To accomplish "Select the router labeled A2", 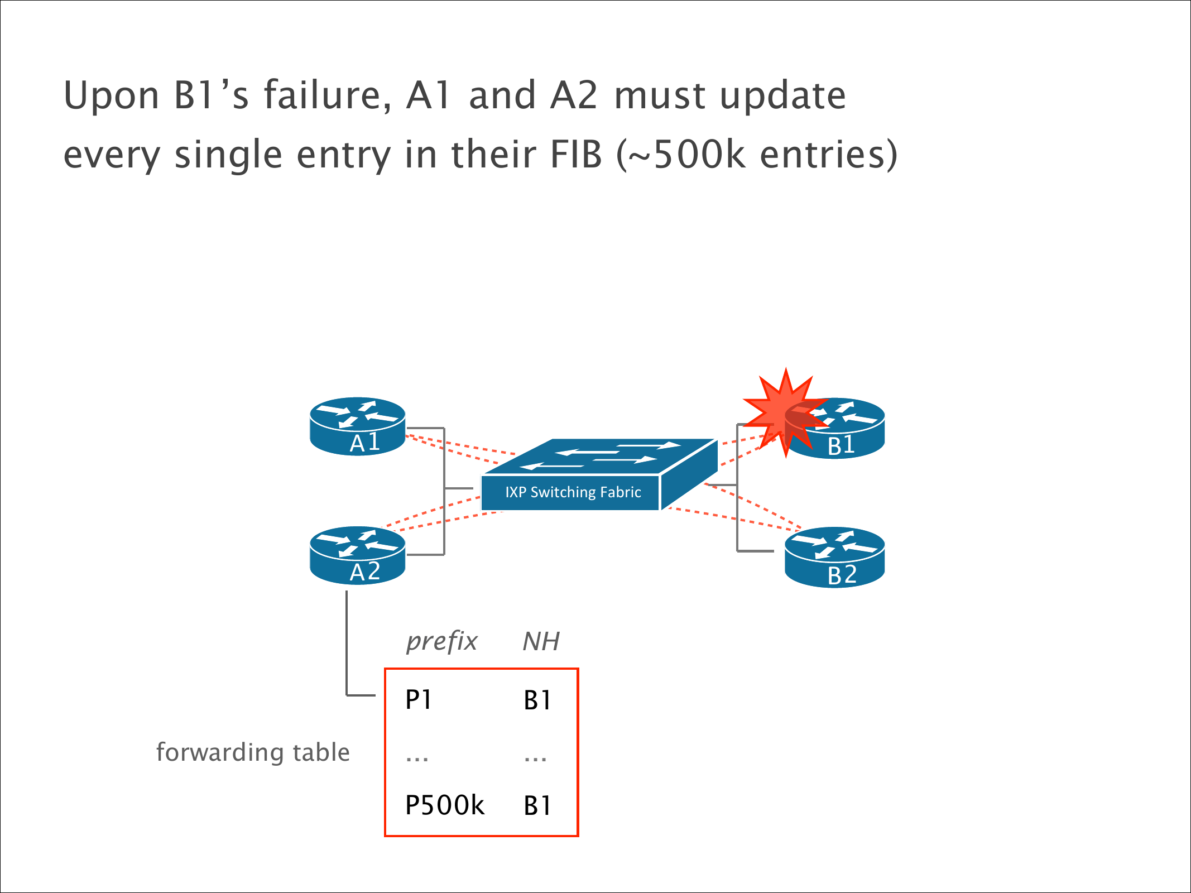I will click(x=357, y=555).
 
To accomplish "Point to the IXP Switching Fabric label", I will click(x=573, y=492).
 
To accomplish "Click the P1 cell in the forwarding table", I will click(x=419, y=700).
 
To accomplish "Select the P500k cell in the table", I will click(x=445, y=805).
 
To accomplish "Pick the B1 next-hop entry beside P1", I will click(x=537, y=700).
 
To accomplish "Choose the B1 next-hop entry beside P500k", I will click(x=537, y=805).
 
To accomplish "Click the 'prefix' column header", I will click(x=441, y=641).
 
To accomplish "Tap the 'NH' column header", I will click(x=541, y=641).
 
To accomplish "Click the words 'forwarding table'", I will click(x=253, y=752).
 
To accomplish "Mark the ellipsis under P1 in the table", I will click(x=417, y=758).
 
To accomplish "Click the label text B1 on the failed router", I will click(x=841, y=446).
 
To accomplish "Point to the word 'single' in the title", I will click(x=228, y=155).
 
